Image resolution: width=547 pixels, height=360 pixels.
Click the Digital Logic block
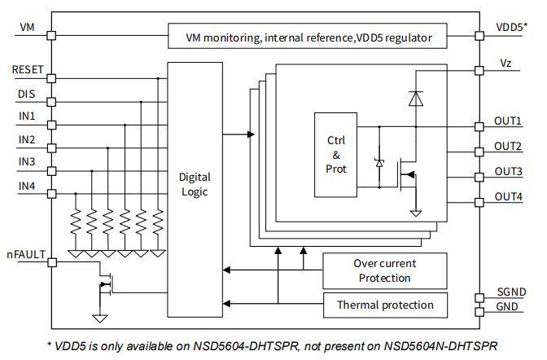tap(195, 190)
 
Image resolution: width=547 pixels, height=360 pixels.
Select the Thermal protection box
tap(385, 305)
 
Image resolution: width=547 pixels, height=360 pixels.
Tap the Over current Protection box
tap(385, 271)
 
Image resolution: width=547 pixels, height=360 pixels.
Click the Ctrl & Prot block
tap(335, 155)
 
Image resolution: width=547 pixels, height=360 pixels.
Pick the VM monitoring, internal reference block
tap(308, 36)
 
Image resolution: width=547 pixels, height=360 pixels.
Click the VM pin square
tap(51, 35)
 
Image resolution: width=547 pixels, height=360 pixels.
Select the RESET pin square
tap(51, 78)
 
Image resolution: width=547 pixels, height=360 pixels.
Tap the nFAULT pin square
tap(52, 262)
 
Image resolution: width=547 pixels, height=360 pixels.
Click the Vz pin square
tap(479, 71)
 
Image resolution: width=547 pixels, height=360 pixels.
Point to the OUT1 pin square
tap(479, 126)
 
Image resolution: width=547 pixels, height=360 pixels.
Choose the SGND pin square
tap(479, 298)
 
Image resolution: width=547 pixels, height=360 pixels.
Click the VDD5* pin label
tap(511, 27)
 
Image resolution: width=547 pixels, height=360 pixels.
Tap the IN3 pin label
tap(27, 161)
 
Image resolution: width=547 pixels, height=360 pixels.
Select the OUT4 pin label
tap(508, 196)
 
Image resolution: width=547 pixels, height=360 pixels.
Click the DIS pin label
tap(27, 94)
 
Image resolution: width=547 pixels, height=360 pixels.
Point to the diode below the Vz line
tap(416, 98)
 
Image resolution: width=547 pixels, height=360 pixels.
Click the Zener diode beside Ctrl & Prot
tap(379, 163)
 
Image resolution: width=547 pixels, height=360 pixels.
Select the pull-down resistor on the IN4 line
tap(76, 222)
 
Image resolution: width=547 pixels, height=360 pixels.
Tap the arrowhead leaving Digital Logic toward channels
tap(251, 134)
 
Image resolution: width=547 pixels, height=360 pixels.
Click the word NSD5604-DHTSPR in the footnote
tap(246, 346)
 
